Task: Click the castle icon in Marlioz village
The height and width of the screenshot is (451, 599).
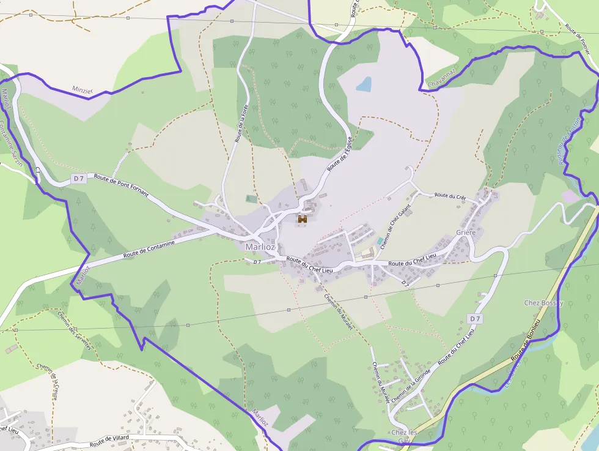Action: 302,218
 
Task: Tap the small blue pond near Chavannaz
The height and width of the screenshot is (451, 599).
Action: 364,84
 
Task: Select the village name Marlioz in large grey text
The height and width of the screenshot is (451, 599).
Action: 260,247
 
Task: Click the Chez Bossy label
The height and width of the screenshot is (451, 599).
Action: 543,303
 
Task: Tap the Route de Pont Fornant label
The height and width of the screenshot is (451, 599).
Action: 121,184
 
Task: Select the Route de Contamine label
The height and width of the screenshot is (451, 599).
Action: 149,248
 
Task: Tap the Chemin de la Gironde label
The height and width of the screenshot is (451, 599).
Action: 411,386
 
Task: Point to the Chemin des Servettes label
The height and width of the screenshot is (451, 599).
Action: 74,330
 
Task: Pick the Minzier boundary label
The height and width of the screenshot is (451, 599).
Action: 82,90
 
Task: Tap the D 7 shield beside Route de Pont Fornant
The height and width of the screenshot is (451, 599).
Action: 78,178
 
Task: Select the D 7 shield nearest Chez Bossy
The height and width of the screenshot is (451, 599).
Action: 475,319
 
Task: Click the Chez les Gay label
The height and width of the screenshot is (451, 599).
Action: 403,436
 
